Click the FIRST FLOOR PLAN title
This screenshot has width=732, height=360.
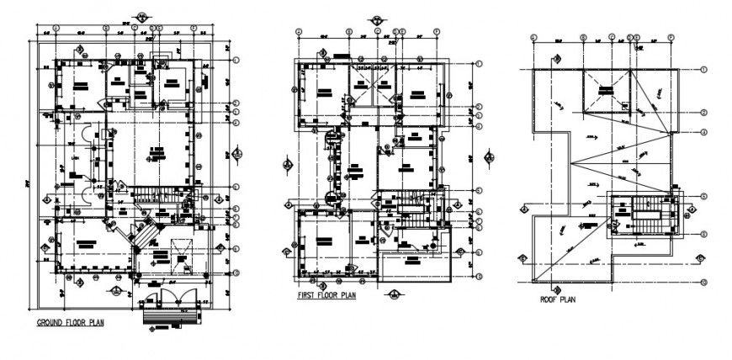(x=328, y=297)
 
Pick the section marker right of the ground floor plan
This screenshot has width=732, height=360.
(x=238, y=152)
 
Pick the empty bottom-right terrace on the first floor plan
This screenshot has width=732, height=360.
(x=416, y=267)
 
